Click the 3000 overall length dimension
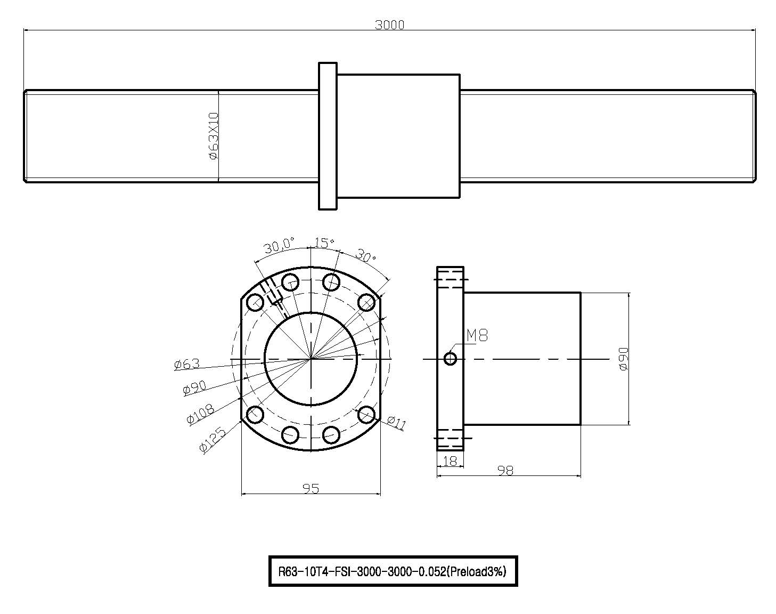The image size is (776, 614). pos(389,25)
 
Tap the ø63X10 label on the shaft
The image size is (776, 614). pos(214,136)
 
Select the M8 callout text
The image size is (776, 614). pos(477,336)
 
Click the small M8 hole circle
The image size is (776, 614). pos(451,359)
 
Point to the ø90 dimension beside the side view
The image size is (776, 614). pos(623,359)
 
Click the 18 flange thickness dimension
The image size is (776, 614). pos(450,461)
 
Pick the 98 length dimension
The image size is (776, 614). pos(505,470)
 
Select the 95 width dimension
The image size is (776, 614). pos(311,489)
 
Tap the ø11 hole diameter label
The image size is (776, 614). pos(396,422)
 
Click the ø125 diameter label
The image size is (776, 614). pos(213,440)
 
